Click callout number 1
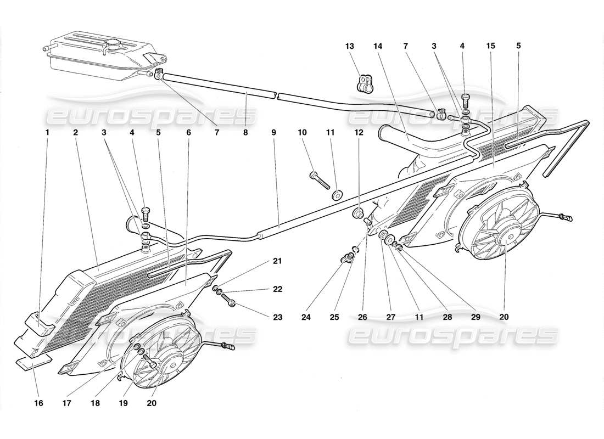point(47,132)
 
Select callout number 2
point(75,132)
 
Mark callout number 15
point(490,46)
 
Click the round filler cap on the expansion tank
point(115,44)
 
